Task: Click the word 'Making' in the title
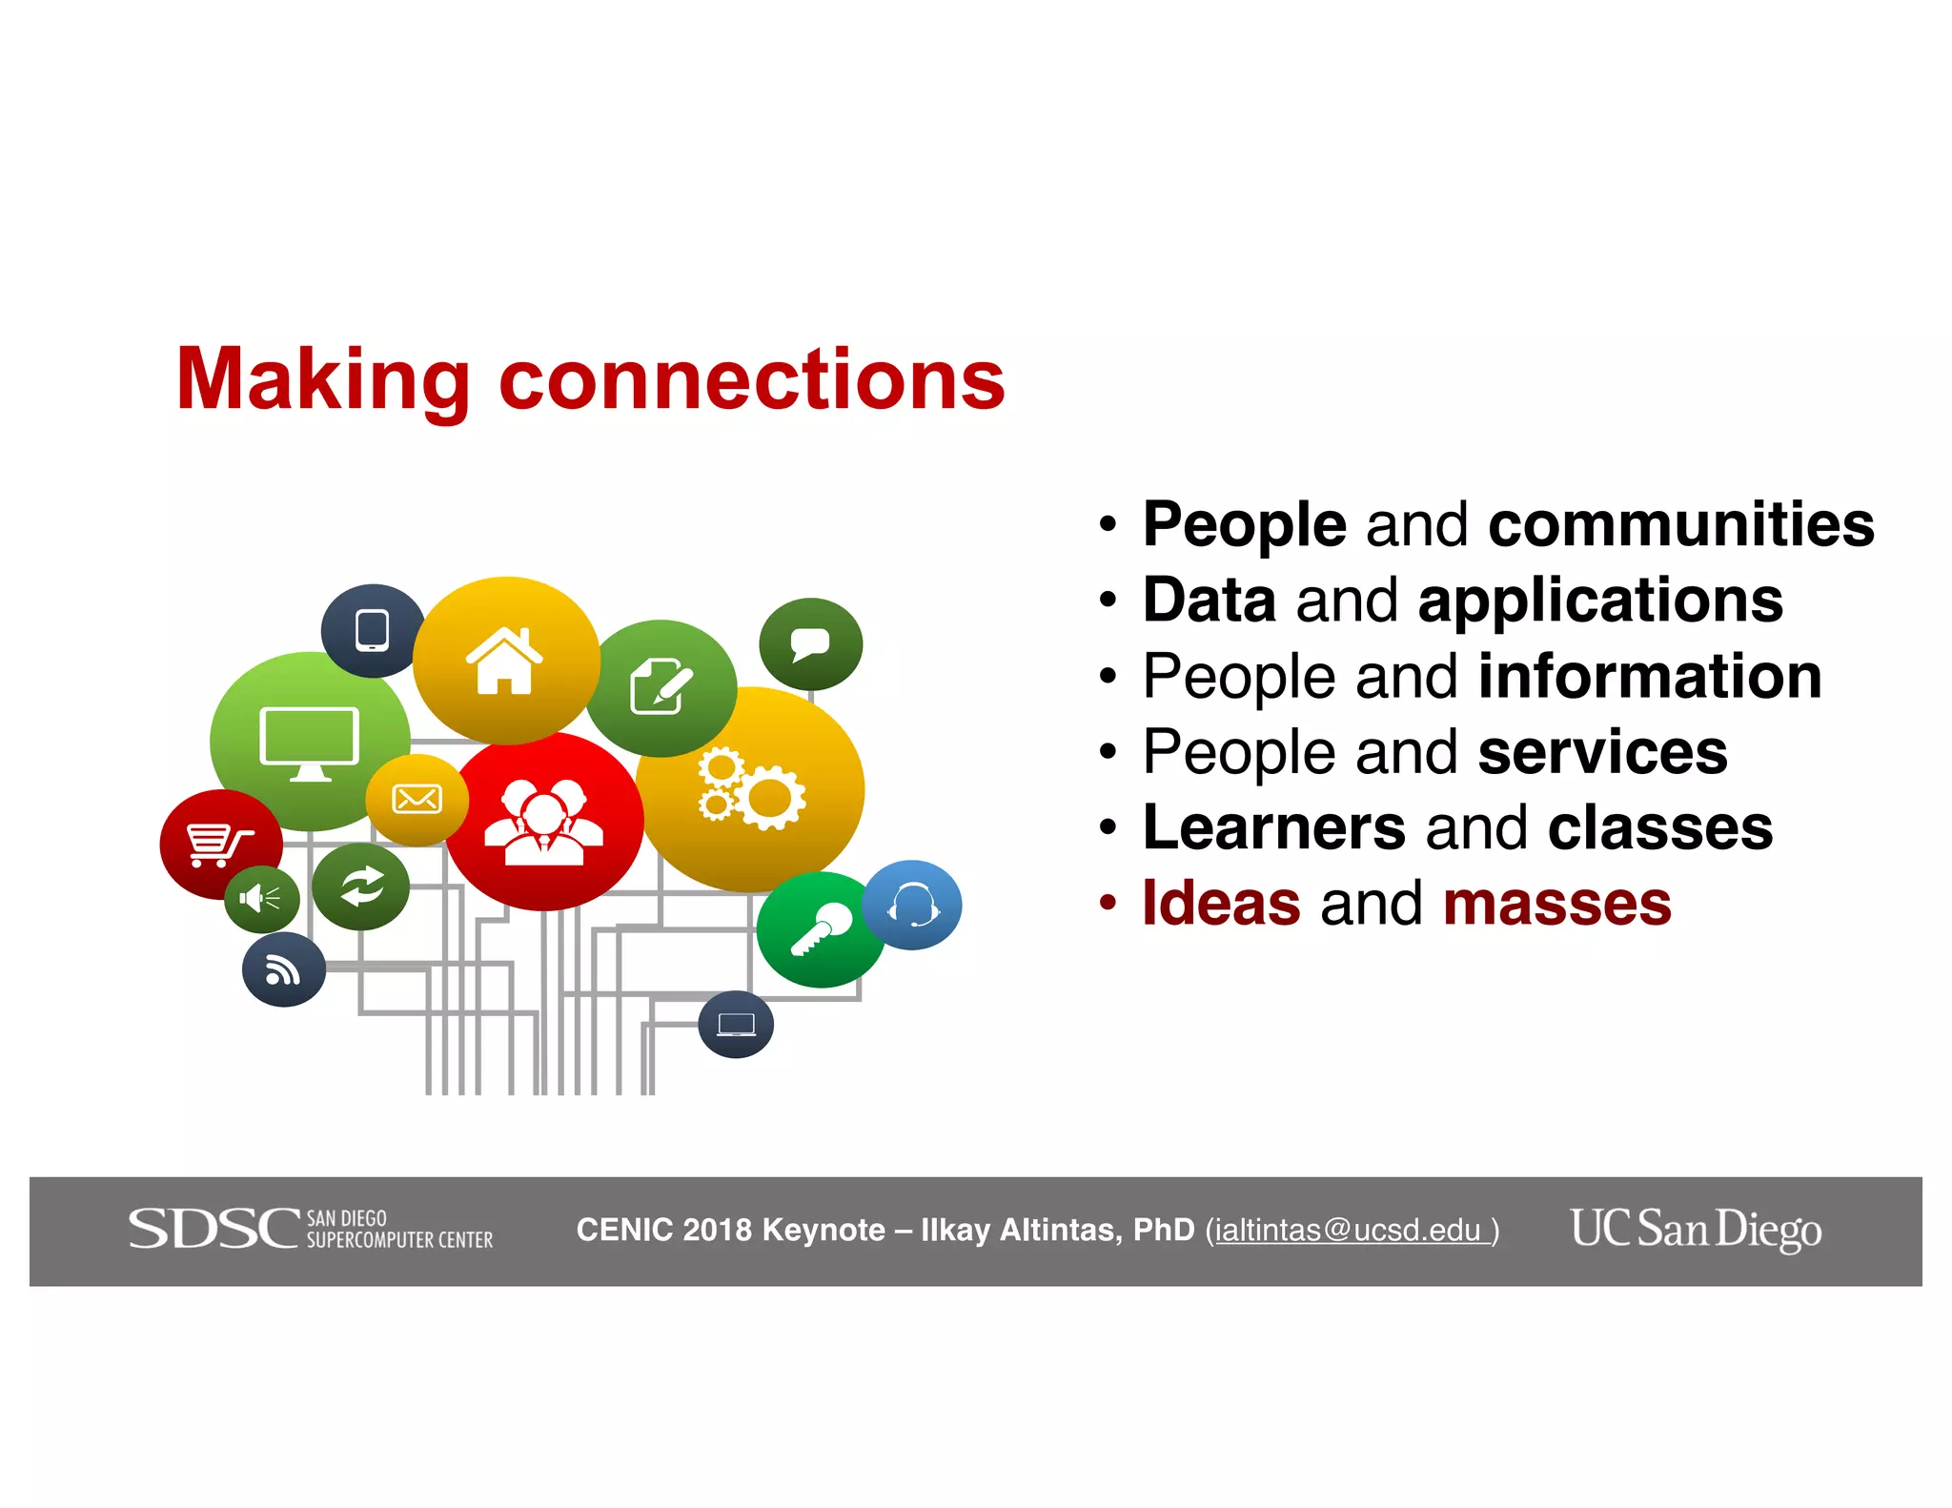pyautogui.click(x=322, y=381)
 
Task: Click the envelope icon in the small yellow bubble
pyautogui.click(x=417, y=799)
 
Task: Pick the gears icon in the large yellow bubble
pyautogui.click(x=751, y=787)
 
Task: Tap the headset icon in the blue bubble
pyautogui.click(x=912, y=905)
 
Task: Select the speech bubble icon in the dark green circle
pyautogui.click(x=810, y=644)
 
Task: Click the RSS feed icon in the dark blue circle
pyautogui.click(x=283, y=970)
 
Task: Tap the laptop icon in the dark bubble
pyautogui.click(x=736, y=1025)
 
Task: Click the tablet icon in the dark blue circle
pyautogui.click(x=372, y=630)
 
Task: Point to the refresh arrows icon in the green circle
pyautogui.click(x=361, y=886)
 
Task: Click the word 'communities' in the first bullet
pyautogui.click(x=1680, y=524)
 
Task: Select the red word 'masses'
pyautogui.click(x=1556, y=903)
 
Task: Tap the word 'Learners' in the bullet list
pyautogui.click(x=1273, y=827)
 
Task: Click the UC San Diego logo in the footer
pyautogui.click(x=1696, y=1229)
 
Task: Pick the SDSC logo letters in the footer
pyautogui.click(x=214, y=1229)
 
